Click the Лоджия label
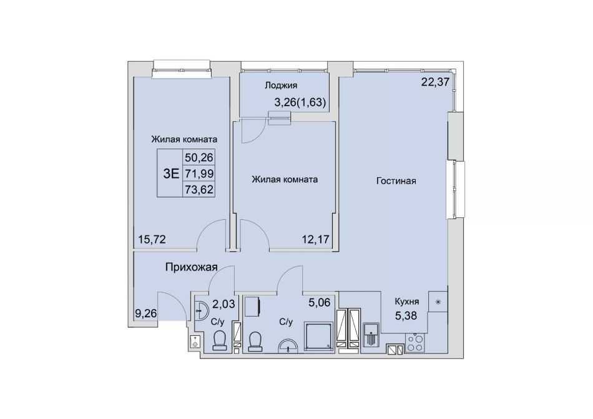coord(281,86)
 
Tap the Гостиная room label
coord(396,180)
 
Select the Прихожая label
coord(192,267)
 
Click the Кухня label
coord(407,302)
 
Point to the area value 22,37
coord(435,82)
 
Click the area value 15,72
coord(152,239)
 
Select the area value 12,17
coord(315,239)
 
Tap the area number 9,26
coord(145,313)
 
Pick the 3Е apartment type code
coord(170,173)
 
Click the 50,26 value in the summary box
coord(199,157)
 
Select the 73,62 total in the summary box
coord(199,189)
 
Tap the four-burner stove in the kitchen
coord(414,343)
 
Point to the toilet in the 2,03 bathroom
coord(219,340)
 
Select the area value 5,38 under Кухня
coord(406,315)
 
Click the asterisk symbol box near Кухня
coord(438,302)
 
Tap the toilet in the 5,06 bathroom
coord(255,342)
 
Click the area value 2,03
coord(223,303)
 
